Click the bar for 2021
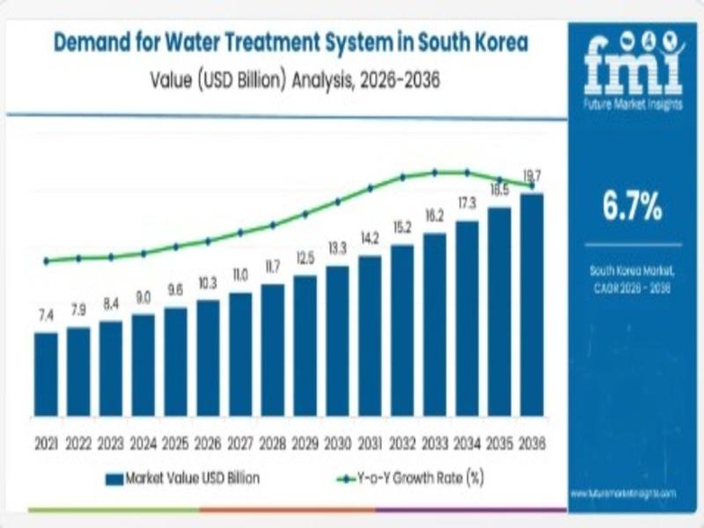coord(46,374)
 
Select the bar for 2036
coord(532,304)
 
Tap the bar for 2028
coord(273,349)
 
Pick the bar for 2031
coord(370,335)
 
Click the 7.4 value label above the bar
coord(46,315)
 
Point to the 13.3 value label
coord(337,248)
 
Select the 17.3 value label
coord(466,203)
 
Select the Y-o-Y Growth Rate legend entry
coord(413,479)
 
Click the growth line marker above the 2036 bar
coord(532,185)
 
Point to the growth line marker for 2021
coord(46,260)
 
